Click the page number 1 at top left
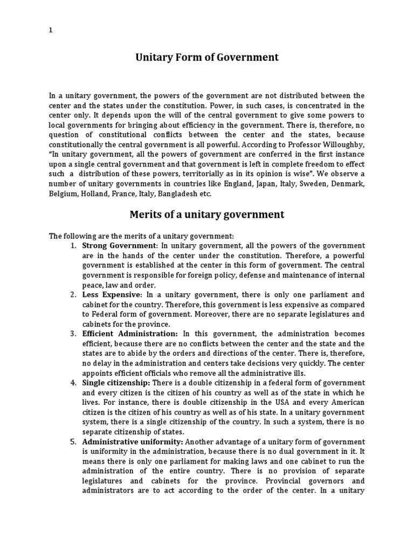coord(51,30)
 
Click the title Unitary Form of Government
coord(206,57)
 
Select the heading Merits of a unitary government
coord(206,215)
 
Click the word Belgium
coord(63,194)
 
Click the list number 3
coord(73,334)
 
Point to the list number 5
coord(73,442)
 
